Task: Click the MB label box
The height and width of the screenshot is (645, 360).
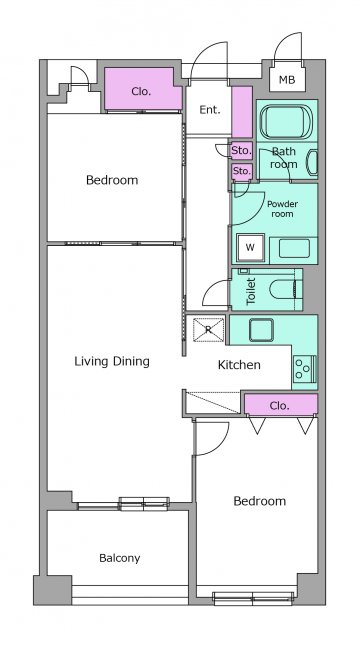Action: (287, 79)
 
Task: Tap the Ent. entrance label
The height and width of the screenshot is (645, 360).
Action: (210, 110)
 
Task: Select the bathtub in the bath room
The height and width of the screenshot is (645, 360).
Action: (287, 121)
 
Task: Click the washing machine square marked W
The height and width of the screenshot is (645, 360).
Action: (250, 247)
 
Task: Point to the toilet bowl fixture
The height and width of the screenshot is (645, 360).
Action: (285, 289)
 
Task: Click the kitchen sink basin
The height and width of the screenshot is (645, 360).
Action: (261, 330)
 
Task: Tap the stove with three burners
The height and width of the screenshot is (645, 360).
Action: (304, 369)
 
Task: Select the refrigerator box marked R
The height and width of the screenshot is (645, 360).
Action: (209, 329)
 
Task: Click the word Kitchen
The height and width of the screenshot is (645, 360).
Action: (239, 364)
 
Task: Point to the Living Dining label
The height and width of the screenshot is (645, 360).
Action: (112, 362)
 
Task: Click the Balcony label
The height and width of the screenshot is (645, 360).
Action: (119, 558)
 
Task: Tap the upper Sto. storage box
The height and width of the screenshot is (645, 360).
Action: (241, 151)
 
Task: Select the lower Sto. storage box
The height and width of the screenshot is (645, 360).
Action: (241, 171)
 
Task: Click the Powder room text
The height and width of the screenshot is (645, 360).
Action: (282, 209)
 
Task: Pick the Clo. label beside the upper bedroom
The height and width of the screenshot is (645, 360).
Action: (141, 91)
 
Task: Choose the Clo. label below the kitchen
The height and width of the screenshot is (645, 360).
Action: (279, 406)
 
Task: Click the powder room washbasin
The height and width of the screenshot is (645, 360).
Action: (294, 249)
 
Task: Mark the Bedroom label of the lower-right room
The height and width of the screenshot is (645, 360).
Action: (259, 501)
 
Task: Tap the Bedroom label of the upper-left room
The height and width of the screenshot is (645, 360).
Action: (112, 180)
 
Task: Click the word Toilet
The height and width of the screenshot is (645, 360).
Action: (251, 291)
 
